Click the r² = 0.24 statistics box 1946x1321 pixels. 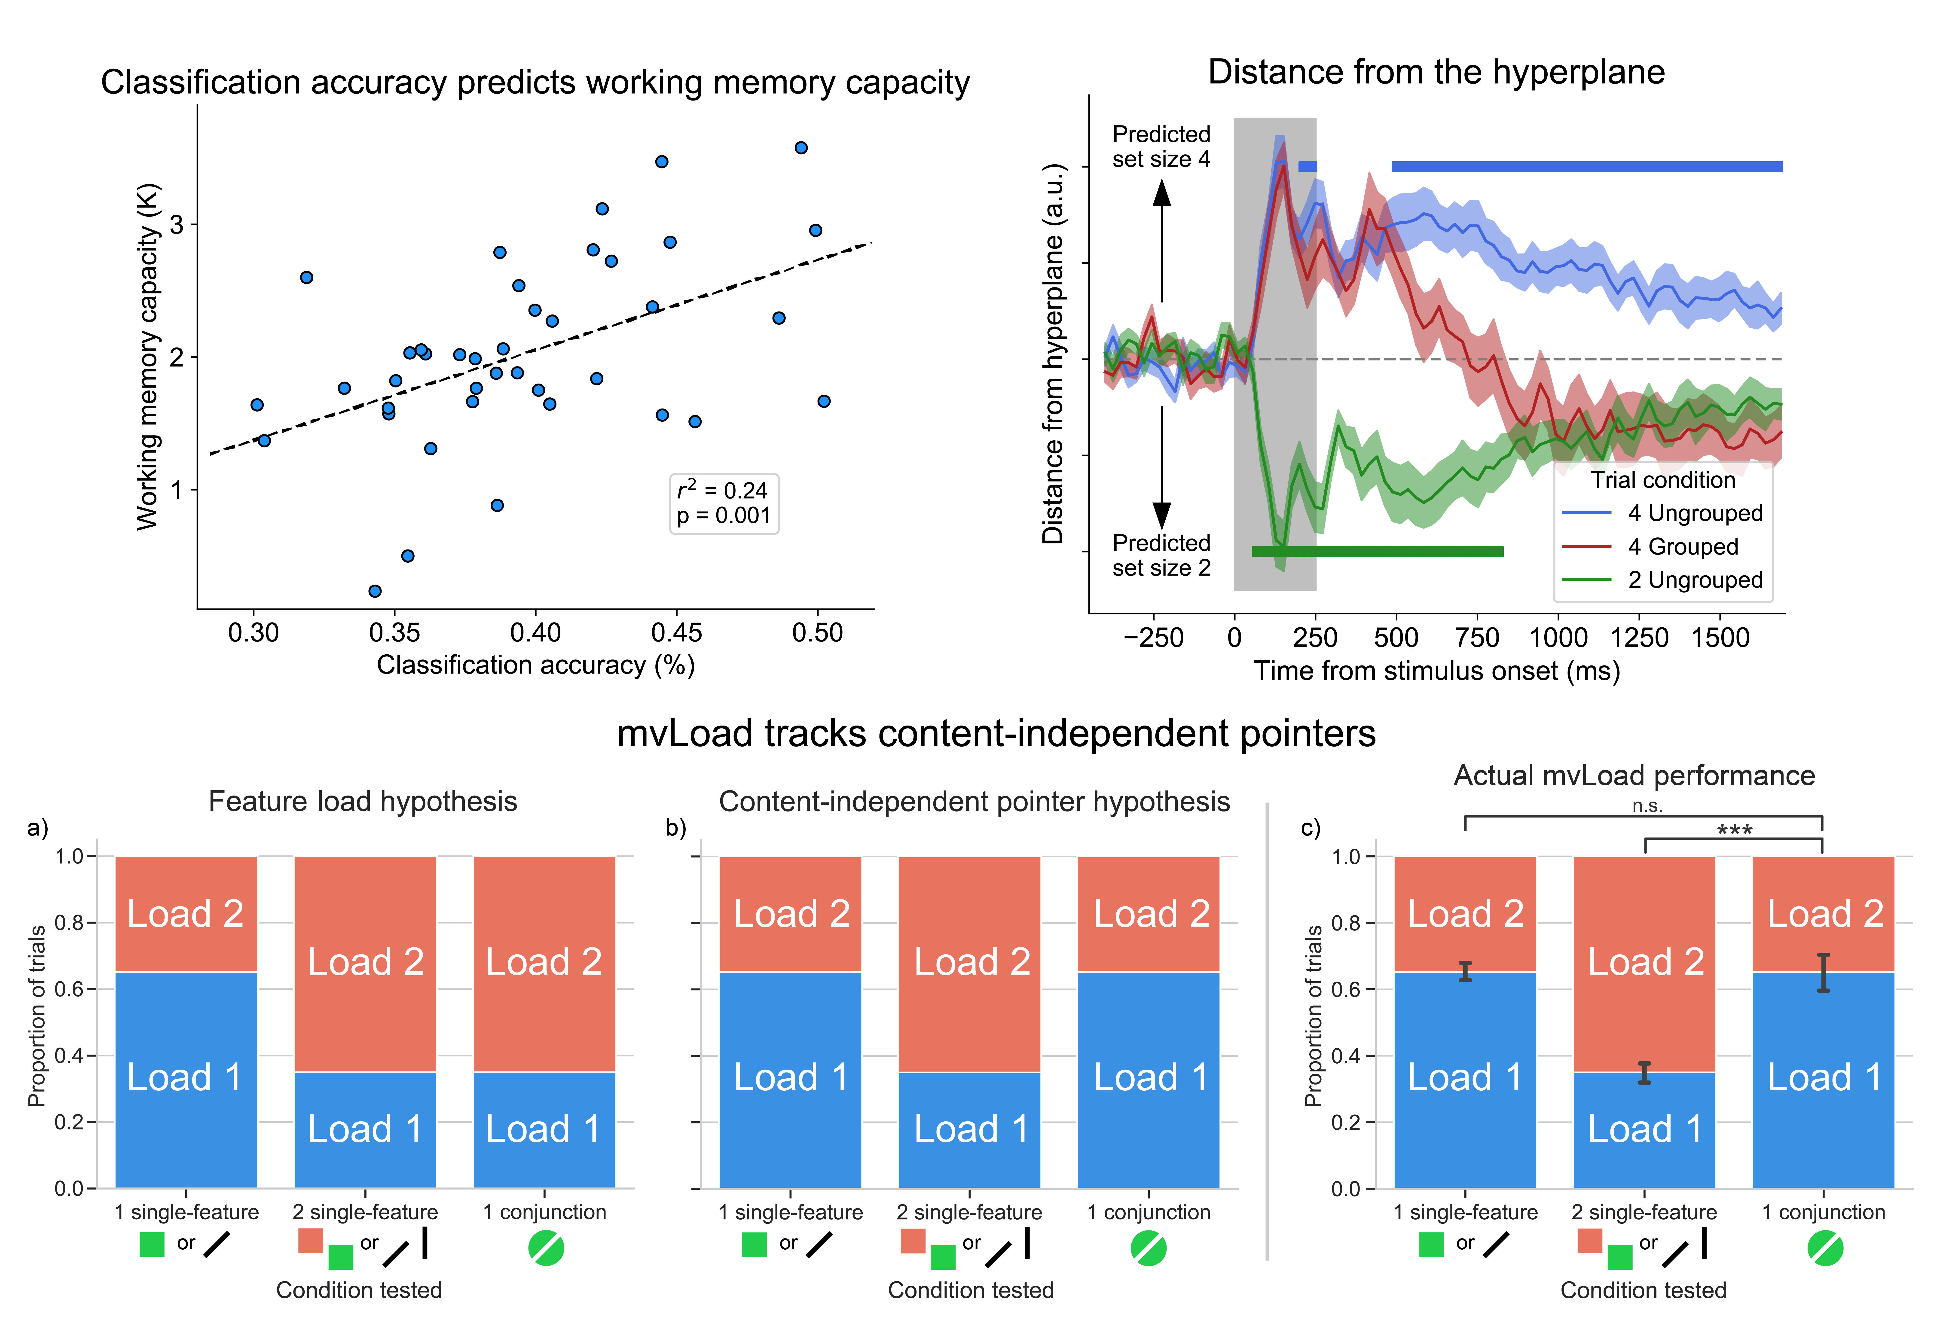click(724, 503)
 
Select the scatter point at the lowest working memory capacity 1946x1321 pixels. click(375, 591)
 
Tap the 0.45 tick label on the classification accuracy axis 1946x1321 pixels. click(677, 633)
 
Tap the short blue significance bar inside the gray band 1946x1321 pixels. click(1307, 167)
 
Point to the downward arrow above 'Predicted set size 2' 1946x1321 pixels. click(1161, 469)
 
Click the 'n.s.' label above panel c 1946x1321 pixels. click(1647, 806)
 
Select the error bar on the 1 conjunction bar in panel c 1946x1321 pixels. click(1823, 973)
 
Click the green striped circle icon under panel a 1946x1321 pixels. click(546, 1248)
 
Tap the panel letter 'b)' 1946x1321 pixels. click(676, 828)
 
